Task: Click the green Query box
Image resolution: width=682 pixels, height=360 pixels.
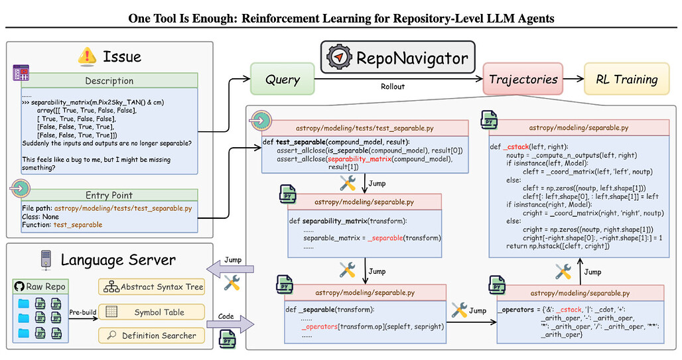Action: (283, 80)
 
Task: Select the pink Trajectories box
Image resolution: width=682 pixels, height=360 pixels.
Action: (523, 80)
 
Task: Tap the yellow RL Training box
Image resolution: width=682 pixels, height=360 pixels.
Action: (626, 80)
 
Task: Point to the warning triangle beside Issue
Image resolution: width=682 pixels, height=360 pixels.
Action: (87, 57)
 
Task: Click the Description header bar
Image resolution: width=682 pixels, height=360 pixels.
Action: (109, 81)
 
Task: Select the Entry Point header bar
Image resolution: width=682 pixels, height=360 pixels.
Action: (109, 195)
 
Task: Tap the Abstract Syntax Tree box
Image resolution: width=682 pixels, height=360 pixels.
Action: (152, 287)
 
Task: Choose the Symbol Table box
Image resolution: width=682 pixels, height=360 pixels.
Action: (152, 312)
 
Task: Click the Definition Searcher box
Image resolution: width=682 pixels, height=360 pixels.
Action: (152, 335)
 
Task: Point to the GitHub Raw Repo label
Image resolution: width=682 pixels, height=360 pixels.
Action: (40, 287)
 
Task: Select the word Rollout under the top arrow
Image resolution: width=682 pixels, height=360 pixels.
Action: (392, 86)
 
